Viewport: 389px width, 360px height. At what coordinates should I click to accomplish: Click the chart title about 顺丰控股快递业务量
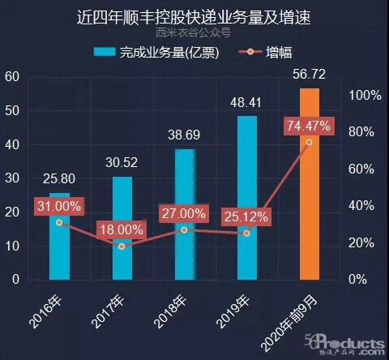click(x=194, y=15)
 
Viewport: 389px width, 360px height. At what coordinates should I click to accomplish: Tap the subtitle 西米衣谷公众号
click(x=194, y=33)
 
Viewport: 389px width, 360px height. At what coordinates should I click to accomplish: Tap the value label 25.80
click(x=59, y=179)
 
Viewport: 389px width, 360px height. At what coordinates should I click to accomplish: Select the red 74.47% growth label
click(x=309, y=125)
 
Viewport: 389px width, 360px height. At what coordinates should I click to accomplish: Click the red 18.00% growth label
click(x=122, y=229)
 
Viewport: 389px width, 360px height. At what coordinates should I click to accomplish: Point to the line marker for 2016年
click(x=59, y=221)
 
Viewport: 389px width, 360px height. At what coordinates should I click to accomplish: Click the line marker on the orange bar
click(x=309, y=142)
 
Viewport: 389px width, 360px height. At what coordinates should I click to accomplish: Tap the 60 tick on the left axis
click(x=12, y=77)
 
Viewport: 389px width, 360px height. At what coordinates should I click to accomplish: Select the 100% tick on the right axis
click(x=365, y=95)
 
